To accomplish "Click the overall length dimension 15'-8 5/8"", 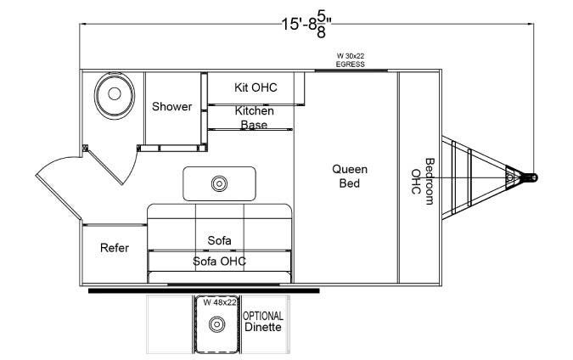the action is [306, 25].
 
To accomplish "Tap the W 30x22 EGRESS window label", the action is [350, 60].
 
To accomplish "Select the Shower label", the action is [171, 106].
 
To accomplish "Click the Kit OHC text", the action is [256, 87].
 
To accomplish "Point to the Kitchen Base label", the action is [254, 117].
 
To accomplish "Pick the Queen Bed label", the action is [350, 176].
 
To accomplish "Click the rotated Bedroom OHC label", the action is [423, 182].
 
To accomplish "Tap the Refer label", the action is [115, 248].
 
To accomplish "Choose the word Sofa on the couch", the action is [219, 240].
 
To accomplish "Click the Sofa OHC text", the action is [219, 261].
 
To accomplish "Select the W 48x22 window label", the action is [220, 302].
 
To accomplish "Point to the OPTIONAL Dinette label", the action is [263, 321].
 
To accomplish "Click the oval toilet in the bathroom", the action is [115, 95].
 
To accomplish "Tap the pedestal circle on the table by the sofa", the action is [219, 183].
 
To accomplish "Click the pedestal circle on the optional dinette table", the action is [217, 324].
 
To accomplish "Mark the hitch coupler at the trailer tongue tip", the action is [530, 177].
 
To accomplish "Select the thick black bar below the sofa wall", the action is [204, 290].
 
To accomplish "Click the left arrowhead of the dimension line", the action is [83, 25].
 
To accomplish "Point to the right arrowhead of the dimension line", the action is [531, 25].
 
